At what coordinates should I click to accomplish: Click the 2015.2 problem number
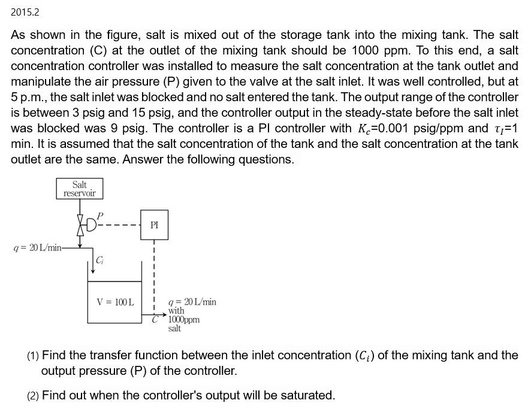pyautogui.click(x=25, y=12)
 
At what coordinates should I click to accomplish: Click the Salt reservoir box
pyautogui.click(x=80, y=189)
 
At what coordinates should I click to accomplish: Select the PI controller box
pyautogui.click(x=154, y=225)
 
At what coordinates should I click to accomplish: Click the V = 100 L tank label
pyautogui.click(x=115, y=302)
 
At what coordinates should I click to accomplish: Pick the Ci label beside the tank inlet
pyautogui.click(x=99, y=260)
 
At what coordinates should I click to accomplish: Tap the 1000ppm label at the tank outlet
pyautogui.click(x=184, y=320)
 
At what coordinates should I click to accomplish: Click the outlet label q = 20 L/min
pyautogui.click(x=192, y=302)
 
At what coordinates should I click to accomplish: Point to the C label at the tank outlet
pyautogui.click(x=155, y=320)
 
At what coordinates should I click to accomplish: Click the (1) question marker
pyautogui.click(x=33, y=356)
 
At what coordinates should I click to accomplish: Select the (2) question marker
pyautogui.click(x=33, y=396)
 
